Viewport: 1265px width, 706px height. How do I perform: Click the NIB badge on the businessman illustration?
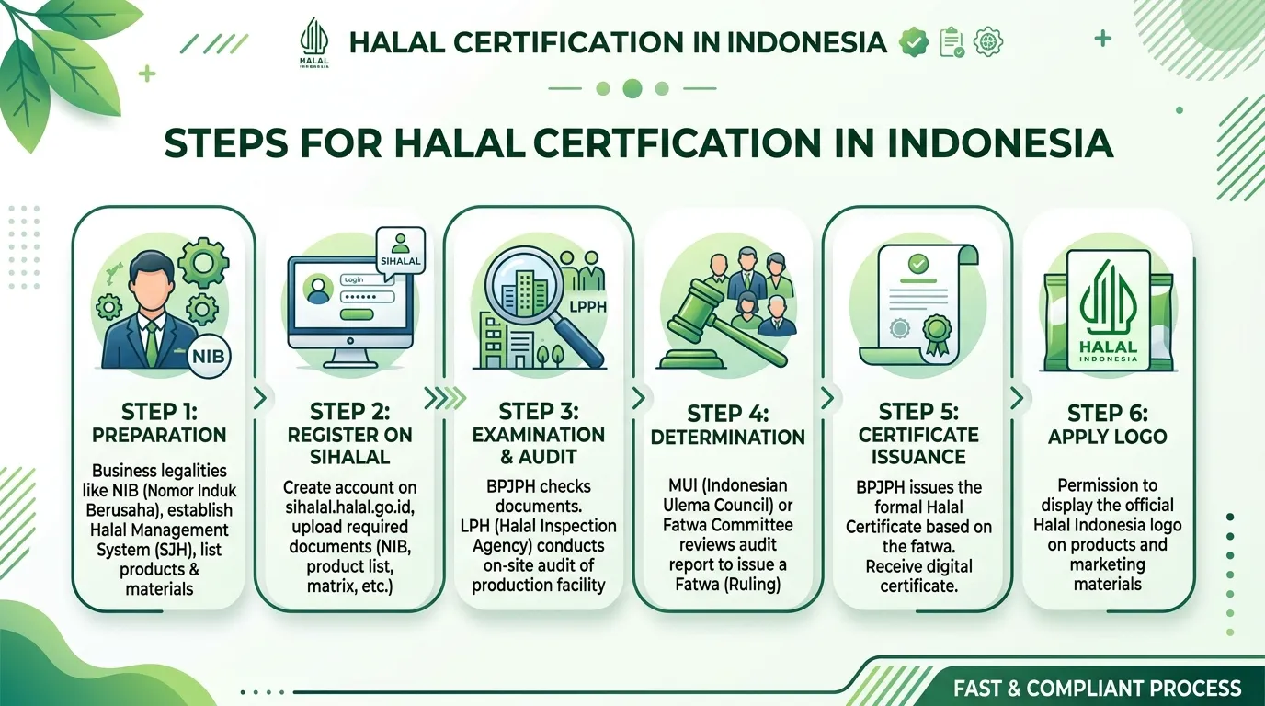coord(209,357)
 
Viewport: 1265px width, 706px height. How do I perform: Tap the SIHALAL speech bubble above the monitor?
coord(401,251)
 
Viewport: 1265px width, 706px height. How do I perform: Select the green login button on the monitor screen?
coord(357,314)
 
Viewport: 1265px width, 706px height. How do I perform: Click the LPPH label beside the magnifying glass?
coord(587,307)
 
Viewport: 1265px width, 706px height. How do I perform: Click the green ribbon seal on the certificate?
coord(937,333)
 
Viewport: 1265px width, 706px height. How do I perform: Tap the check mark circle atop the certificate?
coord(917,264)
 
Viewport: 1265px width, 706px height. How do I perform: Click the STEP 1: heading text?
coord(159,412)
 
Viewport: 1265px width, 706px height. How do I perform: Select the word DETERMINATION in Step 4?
coord(728,438)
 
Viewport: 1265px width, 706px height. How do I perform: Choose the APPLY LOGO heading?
coord(1108,437)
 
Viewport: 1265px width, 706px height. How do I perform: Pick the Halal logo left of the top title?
coord(314,43)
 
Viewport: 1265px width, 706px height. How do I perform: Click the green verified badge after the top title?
coord(914,41)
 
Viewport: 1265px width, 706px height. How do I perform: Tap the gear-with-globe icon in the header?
coord(988,41)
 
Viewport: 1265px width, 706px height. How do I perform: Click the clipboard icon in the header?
coord(952,42)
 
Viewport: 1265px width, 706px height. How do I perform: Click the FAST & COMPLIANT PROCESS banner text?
coord(1098,688)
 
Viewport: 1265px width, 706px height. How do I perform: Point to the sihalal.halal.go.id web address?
coord(350,507)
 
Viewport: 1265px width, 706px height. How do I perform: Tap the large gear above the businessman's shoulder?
coord(204,262)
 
